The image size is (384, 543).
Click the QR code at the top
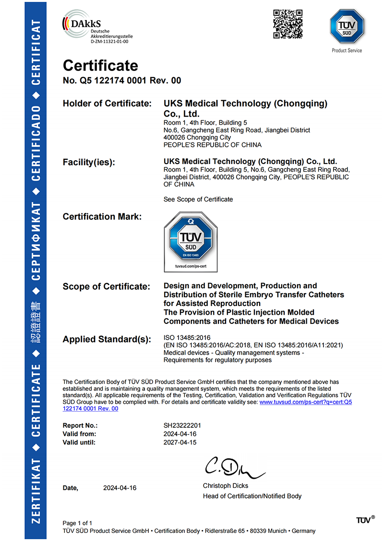coord(288,24)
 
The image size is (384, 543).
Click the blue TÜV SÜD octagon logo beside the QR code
coord(347,27)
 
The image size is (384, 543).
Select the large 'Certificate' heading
coord(100,65)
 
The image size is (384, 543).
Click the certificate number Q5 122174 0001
coord(122,81)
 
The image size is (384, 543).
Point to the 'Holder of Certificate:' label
coord(107,104)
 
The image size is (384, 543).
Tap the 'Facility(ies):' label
coord(89,163)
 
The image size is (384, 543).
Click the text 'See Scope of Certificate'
coord(198,199)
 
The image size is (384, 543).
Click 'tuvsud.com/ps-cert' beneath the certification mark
coord(191,265)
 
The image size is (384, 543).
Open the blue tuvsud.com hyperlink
coord(305,402)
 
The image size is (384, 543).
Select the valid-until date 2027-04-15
coord(180,442)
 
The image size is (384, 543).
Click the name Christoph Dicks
coord(225,486)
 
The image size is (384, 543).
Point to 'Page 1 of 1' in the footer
coord(77,523)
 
